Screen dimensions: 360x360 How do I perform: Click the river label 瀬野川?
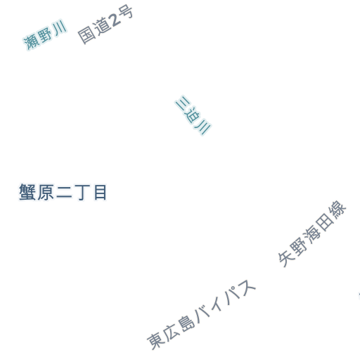(x=45, y=35)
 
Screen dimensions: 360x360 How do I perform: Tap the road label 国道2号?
(x=105, y=25)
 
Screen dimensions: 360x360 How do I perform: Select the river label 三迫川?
(x=193, y=115)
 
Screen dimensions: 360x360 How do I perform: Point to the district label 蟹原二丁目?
(x=63, y=192)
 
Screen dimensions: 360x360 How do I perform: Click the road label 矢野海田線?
(x=312, y=233)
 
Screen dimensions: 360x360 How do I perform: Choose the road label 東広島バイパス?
(x=201, y=314)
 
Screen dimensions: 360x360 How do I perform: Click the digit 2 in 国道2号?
(x=115, y=20)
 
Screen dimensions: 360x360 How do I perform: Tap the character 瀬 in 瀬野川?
(x=31, y=42)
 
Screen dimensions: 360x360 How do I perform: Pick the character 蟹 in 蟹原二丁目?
(x=27, y=192)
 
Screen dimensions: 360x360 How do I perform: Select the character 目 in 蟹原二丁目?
(x=101, y=193)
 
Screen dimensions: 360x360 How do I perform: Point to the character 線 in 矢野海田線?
(x=337, y=210)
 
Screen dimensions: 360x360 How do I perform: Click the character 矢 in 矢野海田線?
(x=287, y=258)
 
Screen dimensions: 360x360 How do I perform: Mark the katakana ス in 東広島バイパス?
(x=246, y=288)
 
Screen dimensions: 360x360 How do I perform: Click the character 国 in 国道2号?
(x=87, y=35)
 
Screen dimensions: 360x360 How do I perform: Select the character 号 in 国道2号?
(x=126, y=12)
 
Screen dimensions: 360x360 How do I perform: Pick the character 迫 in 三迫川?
(x=193, y=115)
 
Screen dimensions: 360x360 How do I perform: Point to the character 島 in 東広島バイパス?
(x=186, y=323)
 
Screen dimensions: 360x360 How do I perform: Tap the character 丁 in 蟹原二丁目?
(x=83, y=193)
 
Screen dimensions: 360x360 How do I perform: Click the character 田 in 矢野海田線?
(x=325, y=221)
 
